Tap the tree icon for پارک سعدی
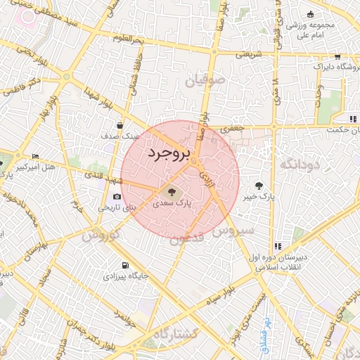(x=170, y=191)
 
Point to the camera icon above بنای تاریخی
(x=116, y=197)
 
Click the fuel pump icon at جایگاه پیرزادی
(x=124, y=266)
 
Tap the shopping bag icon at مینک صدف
(x=120, y=126)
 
